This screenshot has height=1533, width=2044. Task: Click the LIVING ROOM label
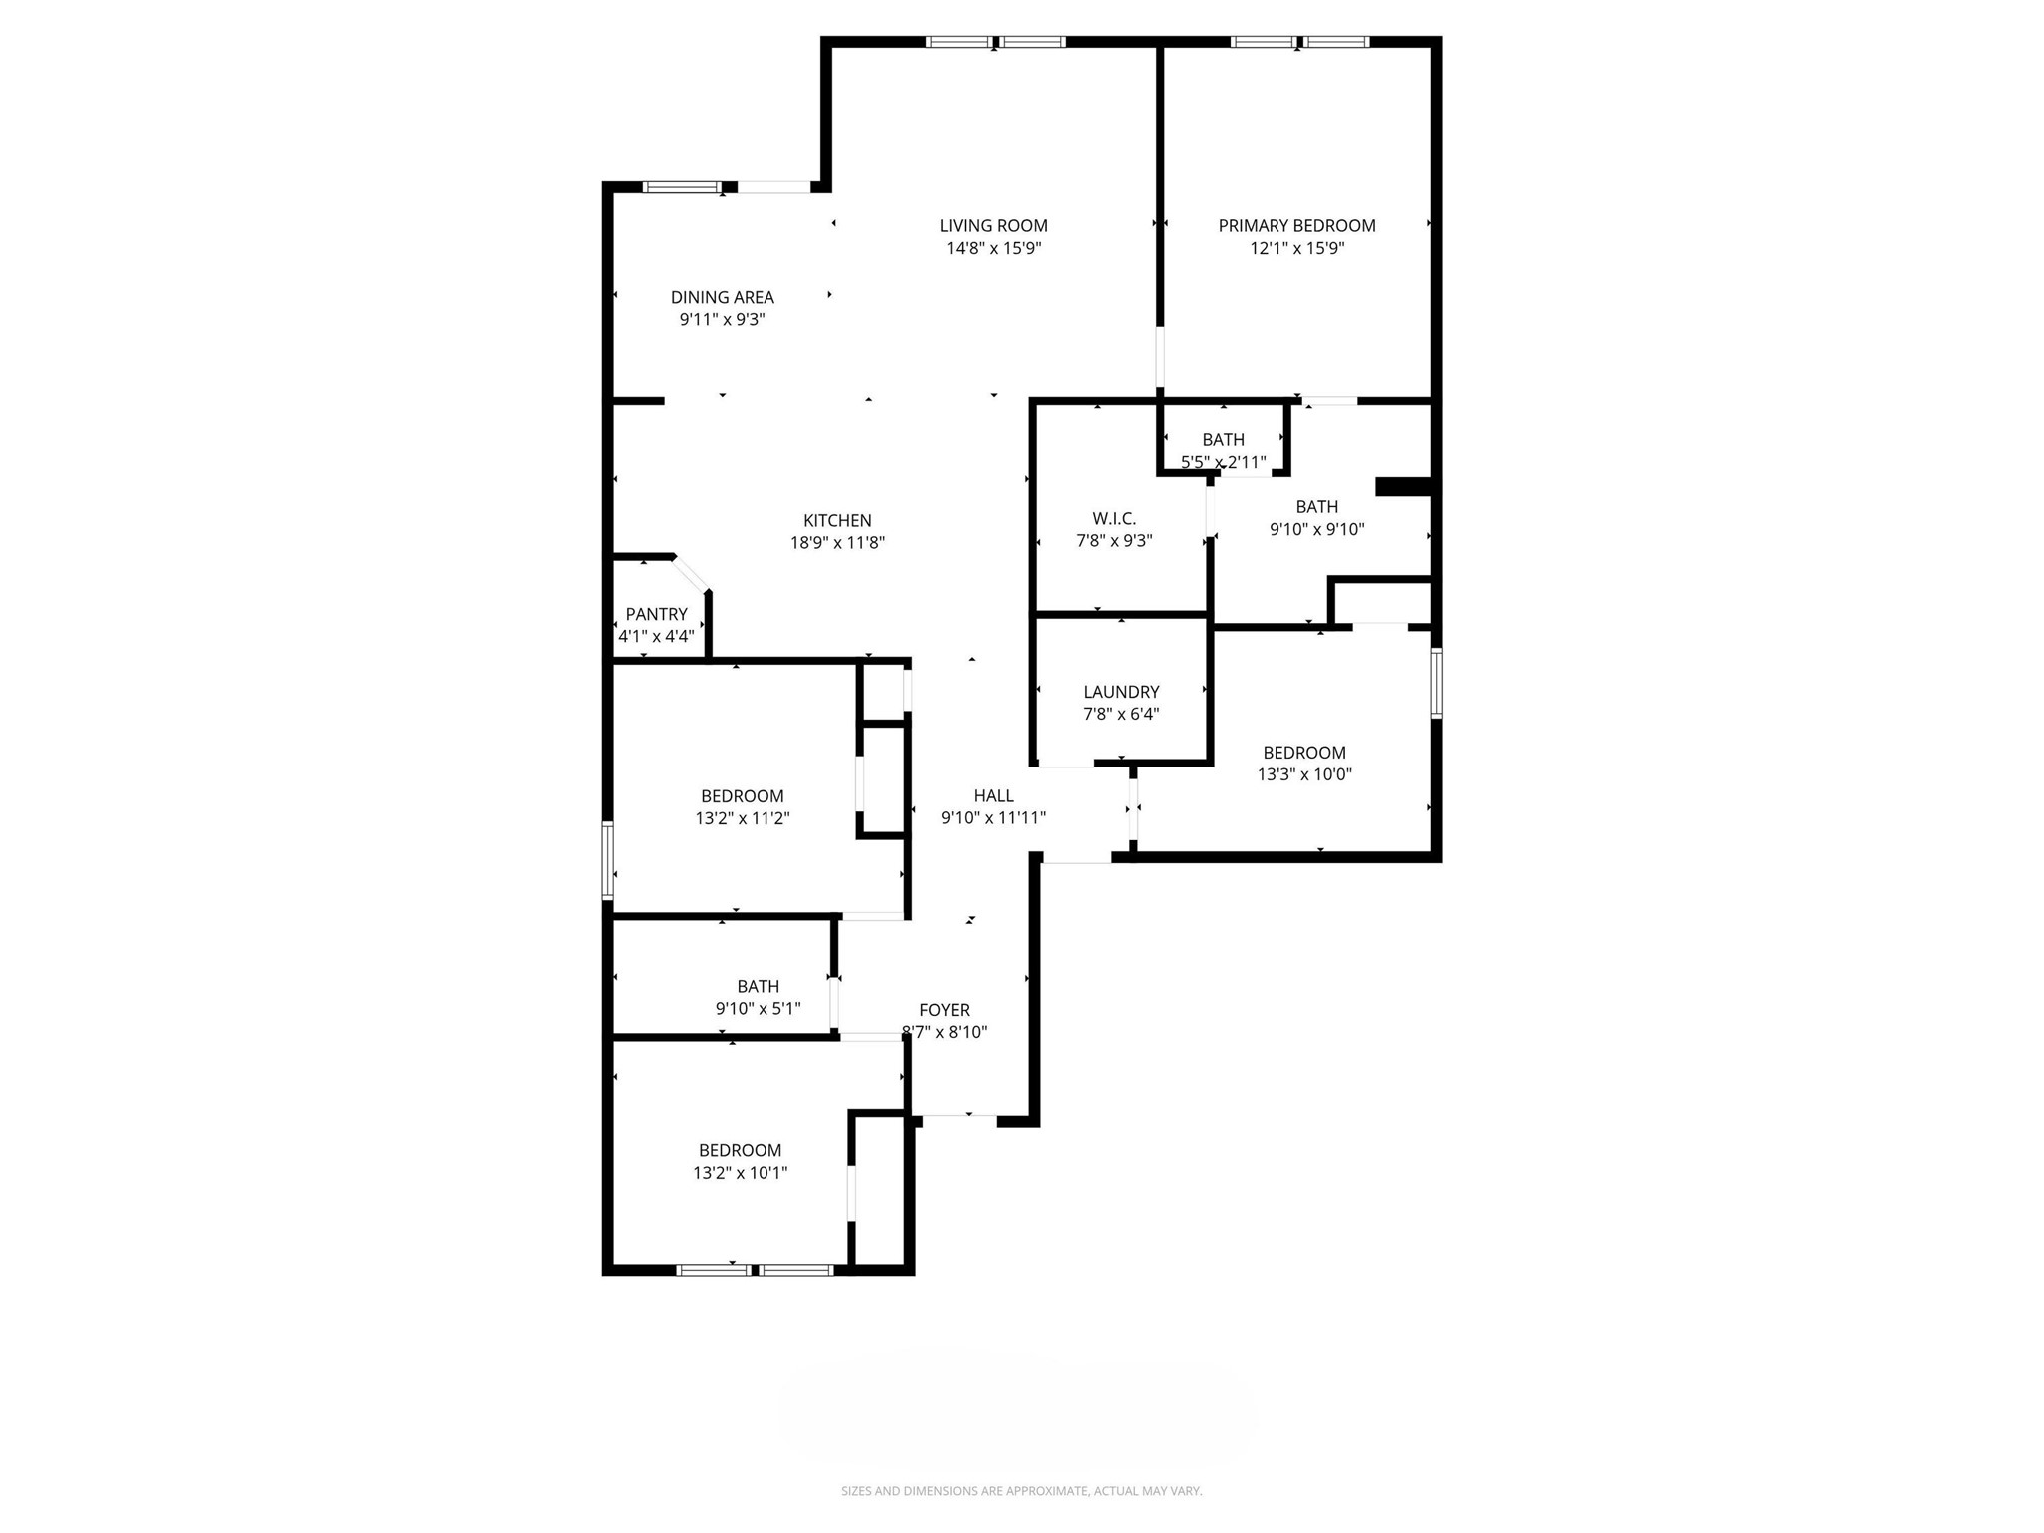[x=993, y=226]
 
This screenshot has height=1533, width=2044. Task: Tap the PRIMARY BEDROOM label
[x=1296, y=226]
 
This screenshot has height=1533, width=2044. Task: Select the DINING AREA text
[x=722, y=297]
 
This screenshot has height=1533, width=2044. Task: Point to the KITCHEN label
[x=837, y=520]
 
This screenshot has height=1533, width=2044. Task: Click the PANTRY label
[x=656, y=614]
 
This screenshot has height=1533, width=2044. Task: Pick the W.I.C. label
[x=1114, y=519]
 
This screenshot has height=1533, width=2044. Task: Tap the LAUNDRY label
[x=1121, y=692]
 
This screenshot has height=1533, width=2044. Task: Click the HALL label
[x=993, y=795]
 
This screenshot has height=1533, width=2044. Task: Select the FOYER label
[x=944, y=1010]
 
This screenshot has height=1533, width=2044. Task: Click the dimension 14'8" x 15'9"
[x=993, y=248]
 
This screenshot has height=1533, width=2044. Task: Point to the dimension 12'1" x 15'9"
[x=1296, y=248]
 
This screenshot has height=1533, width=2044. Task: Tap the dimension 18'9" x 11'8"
[x=837, y=543]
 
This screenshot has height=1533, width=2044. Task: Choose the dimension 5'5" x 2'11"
[x=1223, y=462]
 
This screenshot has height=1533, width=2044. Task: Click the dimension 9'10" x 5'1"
[x=758, y=1009]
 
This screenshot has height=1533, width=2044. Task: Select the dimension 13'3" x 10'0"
[x=1304, y=774]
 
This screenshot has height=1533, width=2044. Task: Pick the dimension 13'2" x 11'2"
[x=742, y=818]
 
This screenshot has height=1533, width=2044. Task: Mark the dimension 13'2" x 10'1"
[x=740, y=1173]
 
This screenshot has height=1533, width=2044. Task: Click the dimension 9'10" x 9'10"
[x=1316, y=530]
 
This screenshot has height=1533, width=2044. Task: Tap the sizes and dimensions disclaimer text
[x=1021, y=1491]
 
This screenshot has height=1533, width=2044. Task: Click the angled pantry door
[x=691, y=574]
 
